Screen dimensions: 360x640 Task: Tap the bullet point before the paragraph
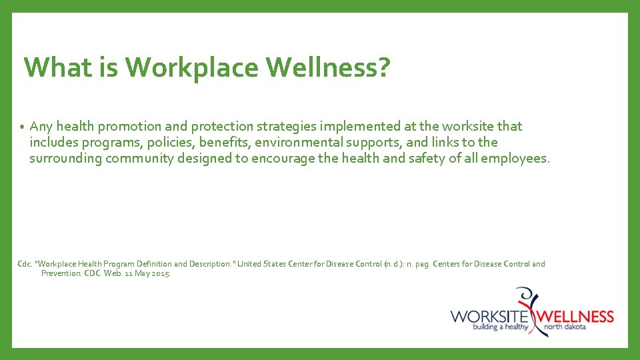(x=22, y=127)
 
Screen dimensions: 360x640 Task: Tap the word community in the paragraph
(x=139, y=159)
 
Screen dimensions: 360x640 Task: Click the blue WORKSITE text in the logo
(x=489, y=315)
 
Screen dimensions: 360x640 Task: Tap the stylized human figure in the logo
(x=532, y=308)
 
